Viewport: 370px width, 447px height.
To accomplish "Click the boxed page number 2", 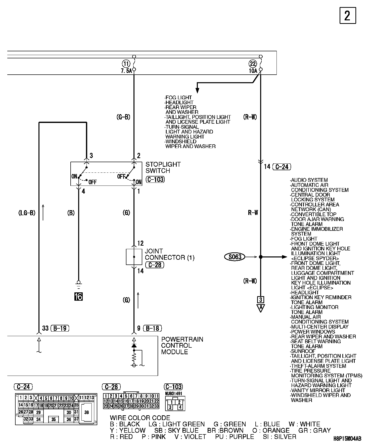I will (x=348, y=16).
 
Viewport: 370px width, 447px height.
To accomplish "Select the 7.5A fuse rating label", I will (x=126, y=71).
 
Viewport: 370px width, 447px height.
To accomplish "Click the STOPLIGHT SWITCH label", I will (x=163, y=167).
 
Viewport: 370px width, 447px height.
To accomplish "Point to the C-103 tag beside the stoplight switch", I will (x=155, y=180).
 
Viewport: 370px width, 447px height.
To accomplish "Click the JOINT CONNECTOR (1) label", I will (x=169, y=254).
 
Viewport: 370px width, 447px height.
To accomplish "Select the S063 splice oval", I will (x=235, y=257).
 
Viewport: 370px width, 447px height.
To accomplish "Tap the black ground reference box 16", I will (x=78, y=297).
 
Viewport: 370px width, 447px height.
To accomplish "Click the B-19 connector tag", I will (x=60, y=328).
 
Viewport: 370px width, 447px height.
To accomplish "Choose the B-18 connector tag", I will (x=153, y=328).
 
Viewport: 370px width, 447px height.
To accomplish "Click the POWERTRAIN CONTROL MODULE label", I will (x=182, y=345).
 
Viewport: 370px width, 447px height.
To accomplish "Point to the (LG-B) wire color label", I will (x=27, y=213).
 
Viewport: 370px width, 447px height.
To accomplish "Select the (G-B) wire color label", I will (x=123, y=117).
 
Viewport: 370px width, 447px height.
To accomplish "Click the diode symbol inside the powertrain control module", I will (x=134, y=346).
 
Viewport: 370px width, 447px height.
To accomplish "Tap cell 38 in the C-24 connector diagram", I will (x=87, y=412).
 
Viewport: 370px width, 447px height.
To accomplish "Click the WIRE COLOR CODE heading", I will (x=140, y=418).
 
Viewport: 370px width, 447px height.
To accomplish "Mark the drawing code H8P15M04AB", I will (x=347, y=439).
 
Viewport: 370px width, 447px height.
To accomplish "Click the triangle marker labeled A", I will (x=261, y=308).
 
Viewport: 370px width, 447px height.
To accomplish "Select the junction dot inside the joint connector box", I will (x=134, y=257).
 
